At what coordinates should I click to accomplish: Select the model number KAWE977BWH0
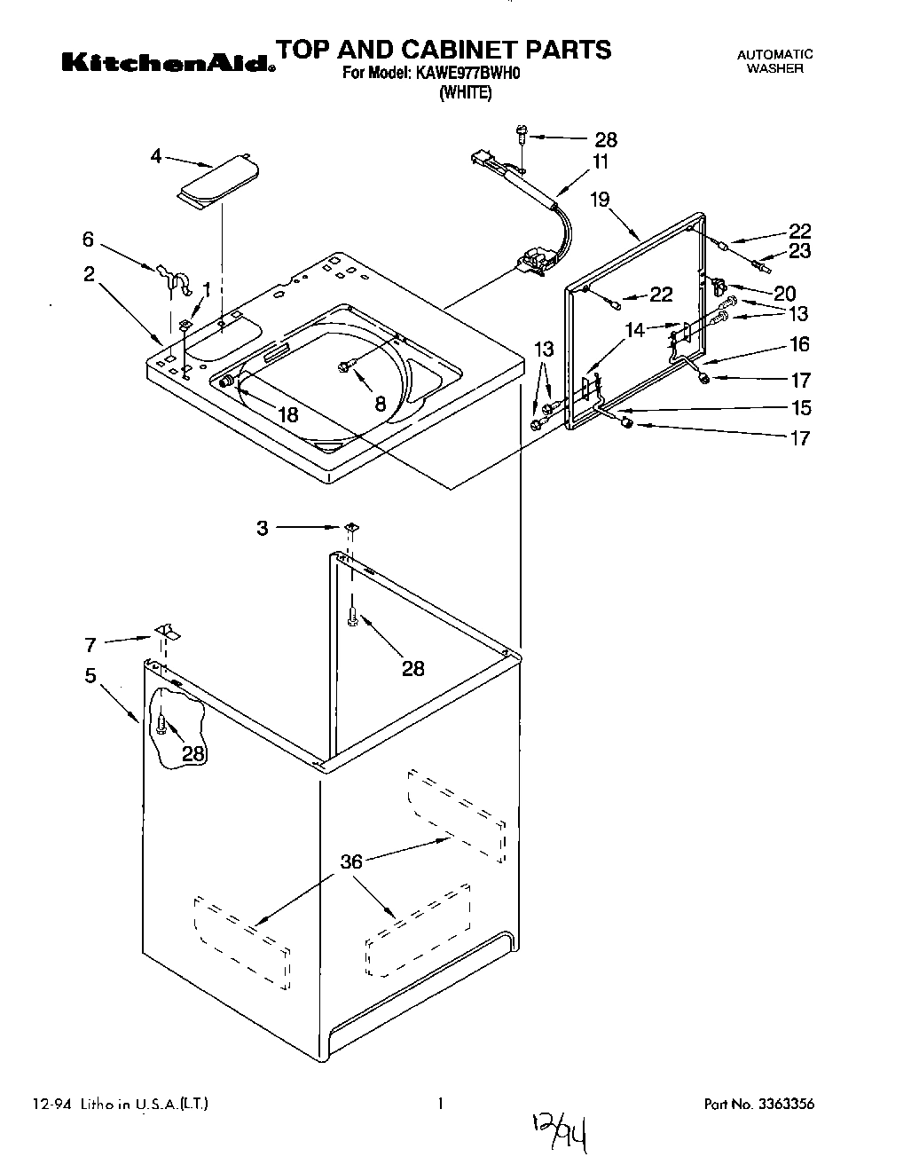click(467, 75)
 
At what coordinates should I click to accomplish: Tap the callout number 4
click(156, 156)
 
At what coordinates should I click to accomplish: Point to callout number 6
click(88, 239)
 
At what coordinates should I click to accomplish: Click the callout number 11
click(601, 161)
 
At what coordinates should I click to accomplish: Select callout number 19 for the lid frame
click(600, 199)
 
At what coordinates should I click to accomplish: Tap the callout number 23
click(799, 251)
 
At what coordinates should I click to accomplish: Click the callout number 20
click(784, 293)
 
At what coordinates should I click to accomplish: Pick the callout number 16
click(799, 344)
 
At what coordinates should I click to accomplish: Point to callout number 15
click(801, 408)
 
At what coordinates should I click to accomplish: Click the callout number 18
click(287, 413)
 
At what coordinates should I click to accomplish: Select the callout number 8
click(380, 404)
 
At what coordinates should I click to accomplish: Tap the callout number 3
click(262, 528)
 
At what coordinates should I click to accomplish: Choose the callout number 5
click(90, 675)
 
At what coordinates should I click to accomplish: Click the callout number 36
click(352, 861)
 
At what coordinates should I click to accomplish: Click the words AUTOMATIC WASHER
click(774, 61)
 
